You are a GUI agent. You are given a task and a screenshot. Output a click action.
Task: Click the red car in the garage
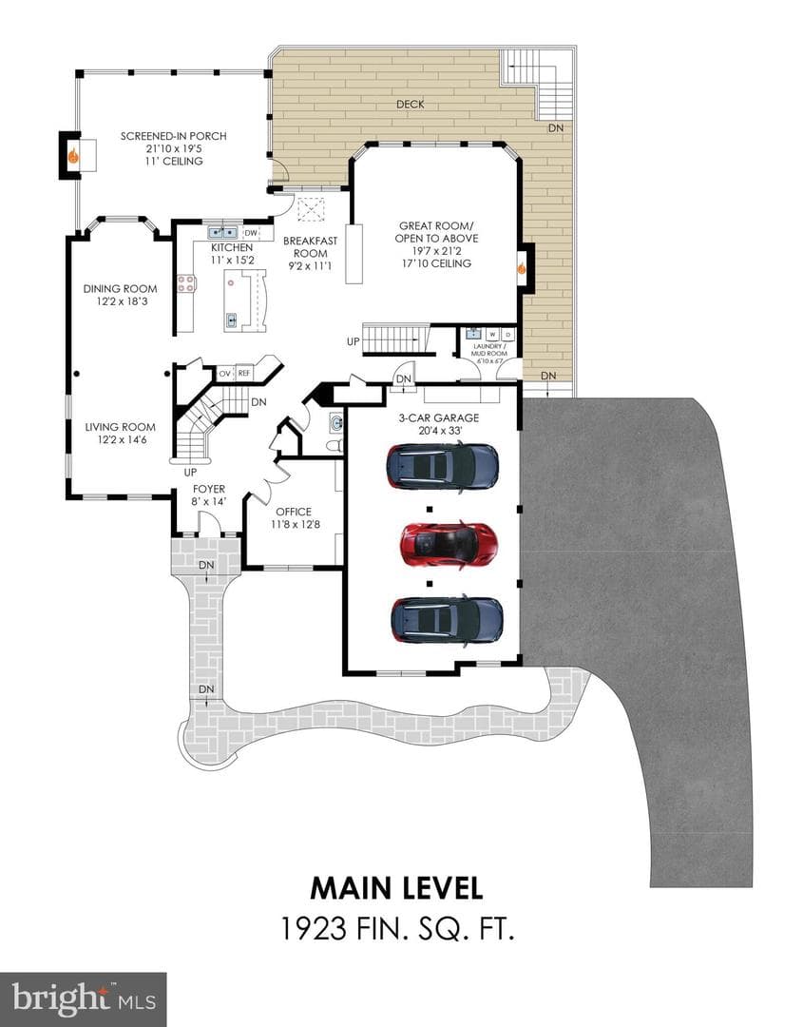(449, 543)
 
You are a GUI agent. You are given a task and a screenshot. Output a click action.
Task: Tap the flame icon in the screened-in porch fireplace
(74, 156)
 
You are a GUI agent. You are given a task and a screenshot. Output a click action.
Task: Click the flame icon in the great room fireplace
(522, 268)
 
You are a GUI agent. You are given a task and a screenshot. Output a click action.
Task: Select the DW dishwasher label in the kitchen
(251, 233)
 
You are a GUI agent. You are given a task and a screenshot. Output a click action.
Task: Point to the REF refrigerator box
(244, 374)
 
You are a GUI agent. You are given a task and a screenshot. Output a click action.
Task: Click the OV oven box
(225, 374)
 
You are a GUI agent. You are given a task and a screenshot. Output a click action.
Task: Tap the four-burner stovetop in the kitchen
(186, 283)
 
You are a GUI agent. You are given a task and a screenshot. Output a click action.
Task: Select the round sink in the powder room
(335, 421)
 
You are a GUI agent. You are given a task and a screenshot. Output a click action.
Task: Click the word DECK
(411, 105)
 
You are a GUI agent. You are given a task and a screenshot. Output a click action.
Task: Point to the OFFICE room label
(294, 512)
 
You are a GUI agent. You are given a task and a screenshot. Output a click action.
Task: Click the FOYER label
(209, 490)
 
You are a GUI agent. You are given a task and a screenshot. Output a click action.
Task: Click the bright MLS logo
(83, 999)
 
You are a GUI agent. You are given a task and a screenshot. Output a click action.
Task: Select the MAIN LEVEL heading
(396, 889)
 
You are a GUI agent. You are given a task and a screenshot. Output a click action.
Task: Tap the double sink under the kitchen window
(223, 232)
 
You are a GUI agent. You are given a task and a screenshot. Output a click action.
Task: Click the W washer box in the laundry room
(492, 335)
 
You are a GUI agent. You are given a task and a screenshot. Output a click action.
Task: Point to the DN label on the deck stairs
(556, 128)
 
